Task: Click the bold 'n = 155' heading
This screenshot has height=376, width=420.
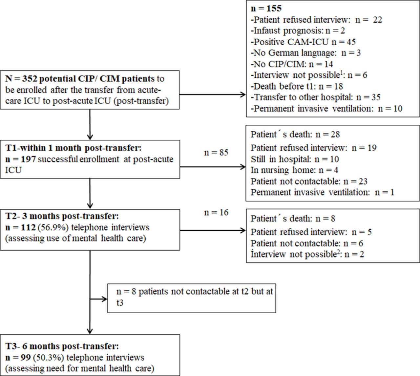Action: (x=266, y=9)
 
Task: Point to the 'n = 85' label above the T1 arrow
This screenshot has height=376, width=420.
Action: (x=216, y=153)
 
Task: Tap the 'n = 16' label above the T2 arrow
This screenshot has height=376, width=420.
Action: (x=216, y=213)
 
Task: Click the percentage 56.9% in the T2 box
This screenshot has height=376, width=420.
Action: (x=53, y=227)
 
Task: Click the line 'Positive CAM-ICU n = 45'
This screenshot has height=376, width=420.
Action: (x=303, y=42)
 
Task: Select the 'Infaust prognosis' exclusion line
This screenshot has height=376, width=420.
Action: (x=298, y=31)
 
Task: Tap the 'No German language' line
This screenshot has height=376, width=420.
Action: (x=306, y=53)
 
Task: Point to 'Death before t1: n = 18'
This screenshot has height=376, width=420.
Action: (x=297, y=86)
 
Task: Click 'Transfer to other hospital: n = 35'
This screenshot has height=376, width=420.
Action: (x=316, y=97)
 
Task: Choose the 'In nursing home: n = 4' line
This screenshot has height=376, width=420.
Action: (x=294, y=170)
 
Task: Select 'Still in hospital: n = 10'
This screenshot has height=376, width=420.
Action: (x=295, y=159)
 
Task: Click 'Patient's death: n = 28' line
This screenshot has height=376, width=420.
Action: (x=295, y=135)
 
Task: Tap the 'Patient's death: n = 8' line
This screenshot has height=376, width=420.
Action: (x=293, y=219)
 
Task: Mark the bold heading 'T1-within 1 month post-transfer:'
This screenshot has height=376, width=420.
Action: (x=73, y=148)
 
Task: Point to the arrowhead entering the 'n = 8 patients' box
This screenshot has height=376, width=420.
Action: (x=104, y=299)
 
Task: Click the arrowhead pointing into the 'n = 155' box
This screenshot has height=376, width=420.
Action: (x=243, y=94)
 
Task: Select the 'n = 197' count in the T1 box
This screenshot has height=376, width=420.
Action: (x=21, y=159)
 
